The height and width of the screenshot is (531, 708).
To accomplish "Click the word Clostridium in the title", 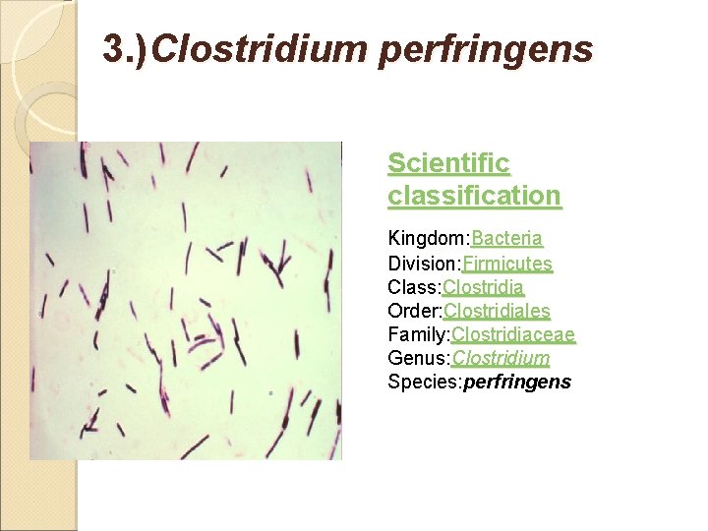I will point(262,47).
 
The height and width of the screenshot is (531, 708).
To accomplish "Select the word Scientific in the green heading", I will point(448,162).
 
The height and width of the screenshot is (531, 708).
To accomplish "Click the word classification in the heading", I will point(474,195).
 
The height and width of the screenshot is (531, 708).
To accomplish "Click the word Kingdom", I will point(427,239).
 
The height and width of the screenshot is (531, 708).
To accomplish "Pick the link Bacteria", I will point(507,239).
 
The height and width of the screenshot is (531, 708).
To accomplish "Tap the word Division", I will point(423,264).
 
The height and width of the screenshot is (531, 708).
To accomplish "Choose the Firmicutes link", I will point(507,264).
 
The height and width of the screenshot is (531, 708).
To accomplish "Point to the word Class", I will point(412,287).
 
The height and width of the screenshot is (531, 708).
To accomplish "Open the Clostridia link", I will point(483,287).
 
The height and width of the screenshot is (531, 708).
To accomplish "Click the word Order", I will point(413,311).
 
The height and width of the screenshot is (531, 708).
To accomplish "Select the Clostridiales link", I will point(497,311).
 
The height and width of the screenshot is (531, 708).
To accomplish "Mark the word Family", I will point(417,334).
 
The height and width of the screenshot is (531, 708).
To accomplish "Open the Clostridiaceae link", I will point(513,334).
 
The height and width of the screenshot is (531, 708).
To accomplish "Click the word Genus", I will point(417,358).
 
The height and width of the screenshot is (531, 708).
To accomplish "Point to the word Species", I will point(421,382).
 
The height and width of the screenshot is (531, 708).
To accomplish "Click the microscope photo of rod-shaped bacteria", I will point(186,300).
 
